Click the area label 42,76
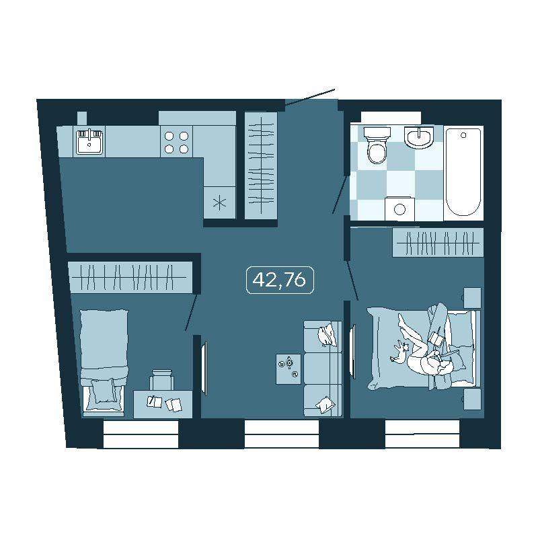coord(280,280)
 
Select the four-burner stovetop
coord(176,142)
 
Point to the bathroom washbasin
coord(419,137)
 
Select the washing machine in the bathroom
coord(399,208)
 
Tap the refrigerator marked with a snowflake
coord(220,202)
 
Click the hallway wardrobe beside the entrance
coord(261,165)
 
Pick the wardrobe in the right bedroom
coord(438,242)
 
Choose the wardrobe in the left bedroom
coord(131,277)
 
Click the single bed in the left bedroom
coord(104,362)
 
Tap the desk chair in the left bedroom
coord(161,380)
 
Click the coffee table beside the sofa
coord(289,369)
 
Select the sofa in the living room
coord(323,369)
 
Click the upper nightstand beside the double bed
coord(473,298)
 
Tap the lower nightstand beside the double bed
coord(473,399)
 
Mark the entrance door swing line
coord(309,97)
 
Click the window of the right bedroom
coord(422,434)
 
